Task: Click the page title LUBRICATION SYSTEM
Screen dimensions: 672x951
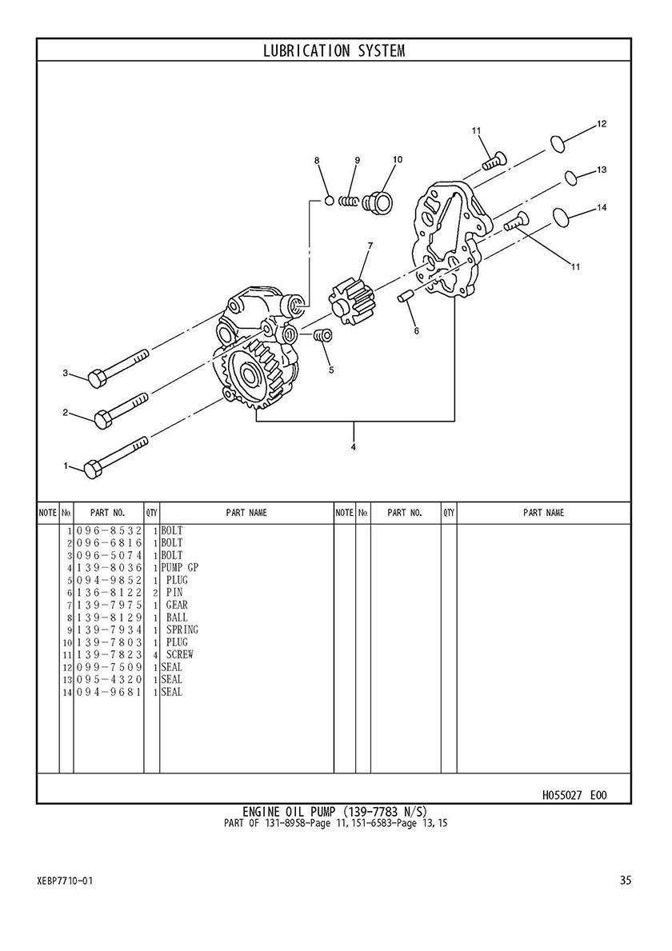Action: [x=334, y=50]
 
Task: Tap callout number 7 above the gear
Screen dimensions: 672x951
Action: [x=370, y=246]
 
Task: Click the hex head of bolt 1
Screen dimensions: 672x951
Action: [x=91, y=470]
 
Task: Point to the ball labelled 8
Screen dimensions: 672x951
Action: [x=330, y=199]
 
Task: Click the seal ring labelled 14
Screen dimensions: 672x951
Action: [x=562, y=217]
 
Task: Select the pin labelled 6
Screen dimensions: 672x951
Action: [x=405, y=297]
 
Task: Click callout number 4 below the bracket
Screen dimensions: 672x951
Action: [x=353, y=447]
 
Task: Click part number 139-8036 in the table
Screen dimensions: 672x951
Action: [x=109, y=568]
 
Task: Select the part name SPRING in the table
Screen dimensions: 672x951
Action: [x=182, y=629]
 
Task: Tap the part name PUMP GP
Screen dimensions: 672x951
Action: [x=179, y=568]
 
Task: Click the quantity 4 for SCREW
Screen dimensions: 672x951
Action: [x=155, y=655]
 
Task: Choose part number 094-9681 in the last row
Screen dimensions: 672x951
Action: [x=109, y=692]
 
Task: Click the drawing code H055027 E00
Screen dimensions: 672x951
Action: [x=574, y=794]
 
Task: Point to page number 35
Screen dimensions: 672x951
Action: [x=626, y=880]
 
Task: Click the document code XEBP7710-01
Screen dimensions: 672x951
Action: [x=65, y=881]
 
